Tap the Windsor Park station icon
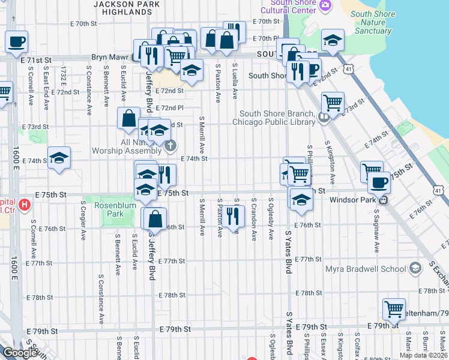(382, 200)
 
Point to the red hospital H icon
(25, 205)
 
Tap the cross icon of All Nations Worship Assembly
(170, 145)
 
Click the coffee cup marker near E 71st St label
(16, 42)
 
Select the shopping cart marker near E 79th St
(394, 310)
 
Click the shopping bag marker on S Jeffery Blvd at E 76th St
(155, 219)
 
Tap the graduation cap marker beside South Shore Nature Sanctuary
(332, 40)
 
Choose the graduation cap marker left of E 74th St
(59, 158)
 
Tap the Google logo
(19, 353)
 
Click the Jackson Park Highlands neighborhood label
(127, 7)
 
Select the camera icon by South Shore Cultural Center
(325, 5)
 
